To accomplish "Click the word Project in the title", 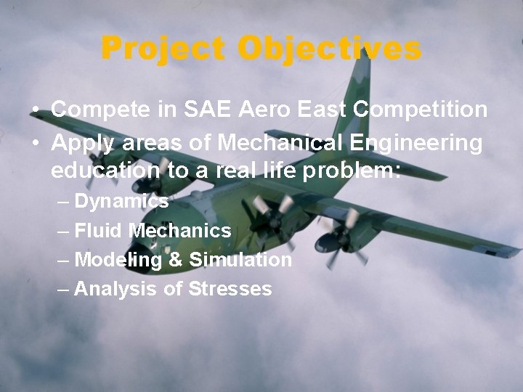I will pyautogui.click(x=166, y=49).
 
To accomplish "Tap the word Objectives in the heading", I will pyautogui.click(x=331, y=49).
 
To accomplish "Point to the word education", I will pyautogui.click(x=103, y=171).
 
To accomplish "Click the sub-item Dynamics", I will pyautogui.click(x=121, y=201).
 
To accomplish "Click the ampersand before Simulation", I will pyautogui.click(x=177, y=260).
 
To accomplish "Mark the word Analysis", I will pyautogui.click(x=110, y=290).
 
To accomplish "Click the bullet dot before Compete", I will pyautogui.click(x=36, y=111).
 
